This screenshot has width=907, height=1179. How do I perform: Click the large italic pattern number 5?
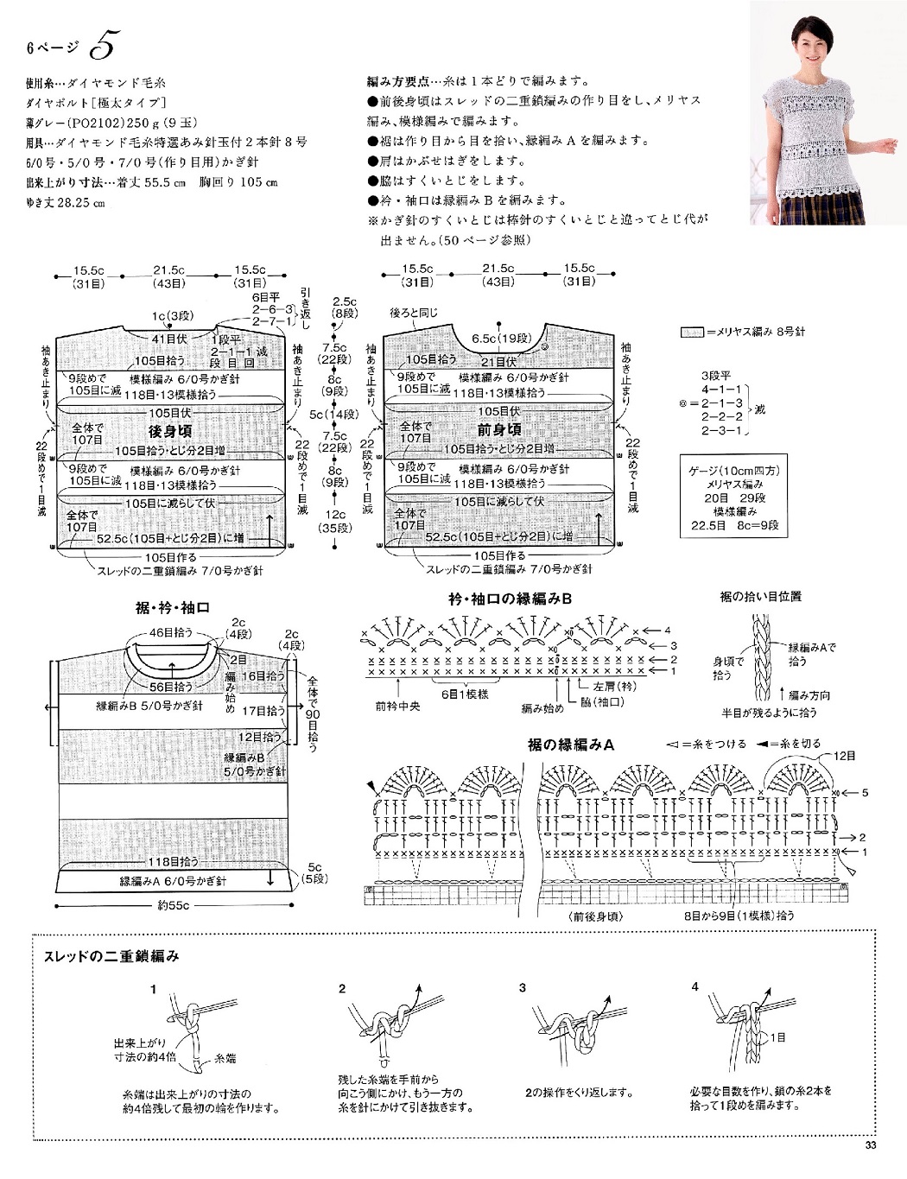click(x=102, y=45)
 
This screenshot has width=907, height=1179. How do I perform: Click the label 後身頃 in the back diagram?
click(x=170, y=431)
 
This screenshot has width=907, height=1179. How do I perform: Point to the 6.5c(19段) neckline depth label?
click(x=502, y=339)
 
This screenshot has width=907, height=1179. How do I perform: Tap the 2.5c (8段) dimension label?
click(x=345, y=307)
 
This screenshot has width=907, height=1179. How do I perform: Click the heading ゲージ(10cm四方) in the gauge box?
click(x=733, y=471)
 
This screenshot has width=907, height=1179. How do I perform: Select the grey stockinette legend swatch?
click(x=691, y=333)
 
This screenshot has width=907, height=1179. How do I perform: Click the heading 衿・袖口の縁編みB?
click(x=510, y=599)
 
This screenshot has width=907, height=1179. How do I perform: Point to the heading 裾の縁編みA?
click(x=570, y=745)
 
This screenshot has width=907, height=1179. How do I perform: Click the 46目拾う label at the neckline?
click(x=171, y=632)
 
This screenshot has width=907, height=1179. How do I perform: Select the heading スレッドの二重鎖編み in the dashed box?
click(x=111, y=956)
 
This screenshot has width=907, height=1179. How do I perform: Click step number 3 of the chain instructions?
click(x=523, y=987)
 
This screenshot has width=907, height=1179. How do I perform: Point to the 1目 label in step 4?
click(x=777, y=1037)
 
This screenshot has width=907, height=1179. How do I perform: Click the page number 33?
click(x=870, y=1146)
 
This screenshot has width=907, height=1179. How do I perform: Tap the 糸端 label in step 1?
click(x=225, y=1057)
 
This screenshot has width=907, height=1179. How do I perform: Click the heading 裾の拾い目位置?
click(x=760, y=597)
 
